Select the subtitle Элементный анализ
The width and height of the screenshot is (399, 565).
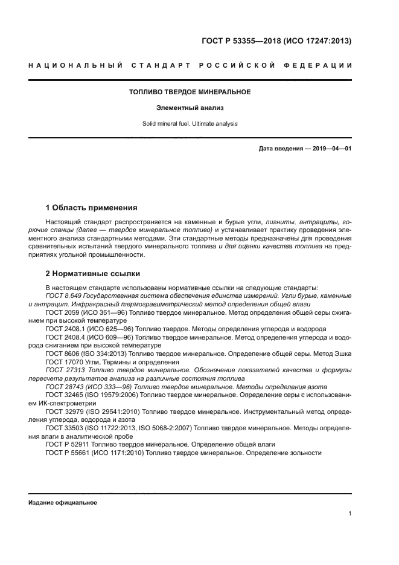(x=190, y=108)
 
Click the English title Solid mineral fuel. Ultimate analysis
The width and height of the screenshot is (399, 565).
(x=190, y=124)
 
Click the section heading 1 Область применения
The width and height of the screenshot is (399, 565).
(x=92, y=207)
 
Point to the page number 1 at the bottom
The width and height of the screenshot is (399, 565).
(x=350, y=514)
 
